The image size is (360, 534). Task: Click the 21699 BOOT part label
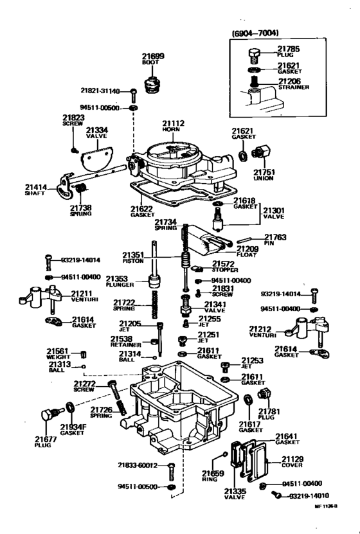coord(153,59)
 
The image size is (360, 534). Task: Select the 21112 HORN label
coord(172,126)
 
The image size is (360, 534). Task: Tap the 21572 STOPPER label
coord(226,266)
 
